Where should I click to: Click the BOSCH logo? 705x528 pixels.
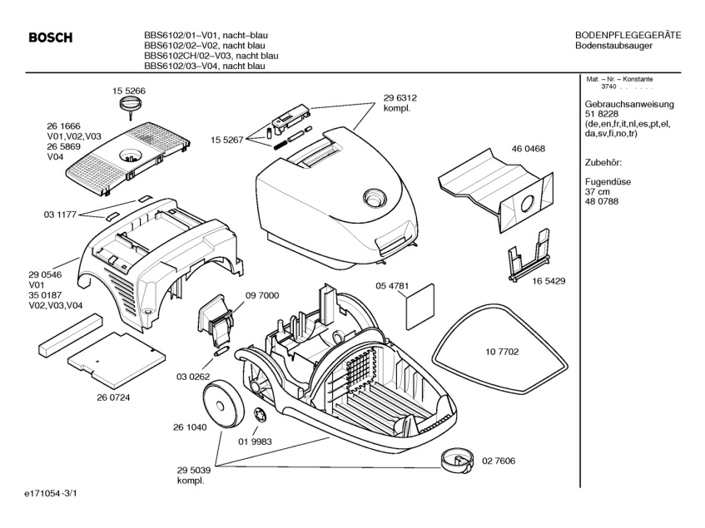click(51, 37)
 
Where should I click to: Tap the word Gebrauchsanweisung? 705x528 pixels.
click(628, 104)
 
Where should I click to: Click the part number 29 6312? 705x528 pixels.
click(400, 97)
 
